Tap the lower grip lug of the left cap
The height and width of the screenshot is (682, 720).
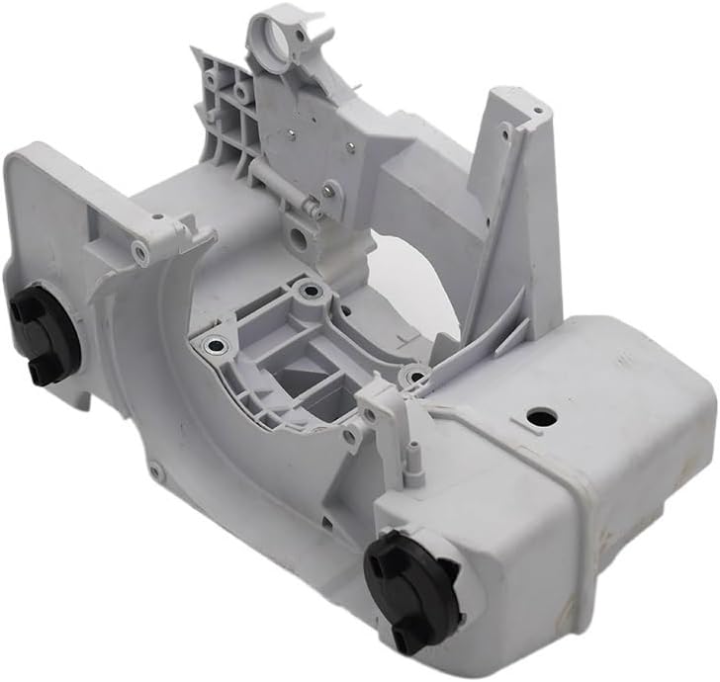pos(43,372)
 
